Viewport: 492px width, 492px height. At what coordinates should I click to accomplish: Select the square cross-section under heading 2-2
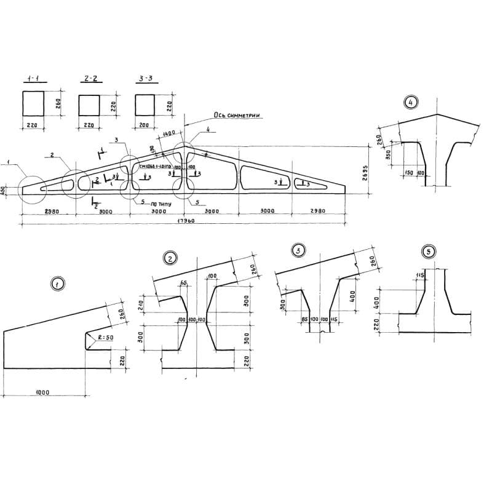click(89, 105)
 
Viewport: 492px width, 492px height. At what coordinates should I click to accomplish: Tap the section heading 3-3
click(144, 79)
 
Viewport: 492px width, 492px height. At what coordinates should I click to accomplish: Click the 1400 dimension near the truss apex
click(170, 133)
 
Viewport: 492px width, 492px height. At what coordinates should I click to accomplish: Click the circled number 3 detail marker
click(298, 250)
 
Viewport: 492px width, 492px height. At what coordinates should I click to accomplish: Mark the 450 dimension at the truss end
click(4, 191)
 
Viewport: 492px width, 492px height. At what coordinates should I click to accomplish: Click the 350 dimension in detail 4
click(387, 156)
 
